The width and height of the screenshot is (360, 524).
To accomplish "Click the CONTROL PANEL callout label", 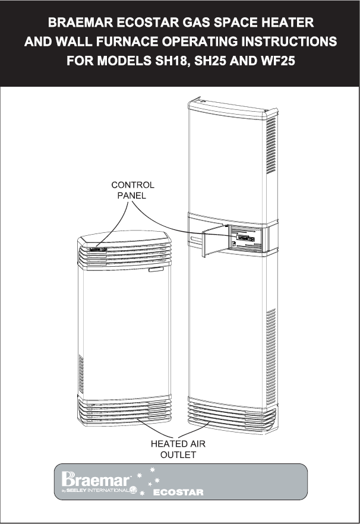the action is pos(132,190).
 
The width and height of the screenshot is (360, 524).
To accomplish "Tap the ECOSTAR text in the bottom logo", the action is pos(178,493).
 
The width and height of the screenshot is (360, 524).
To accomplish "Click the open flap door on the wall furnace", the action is pos(214,243).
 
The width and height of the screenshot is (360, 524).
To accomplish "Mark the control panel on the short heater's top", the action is pos(97,250).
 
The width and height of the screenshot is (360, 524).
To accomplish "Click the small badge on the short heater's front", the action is pos(156,271).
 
